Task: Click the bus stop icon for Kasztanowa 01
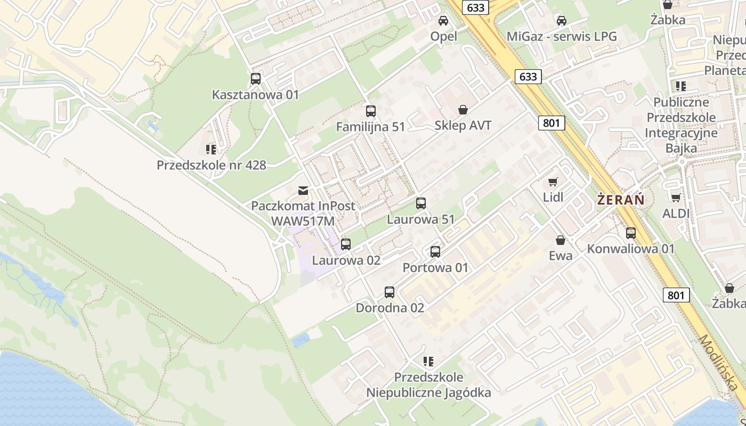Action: (x=256, y=79)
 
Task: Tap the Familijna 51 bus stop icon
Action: (x=371, y=111)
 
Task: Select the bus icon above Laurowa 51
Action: (x=421, y=203)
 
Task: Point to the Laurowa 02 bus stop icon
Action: (x=346, y=244)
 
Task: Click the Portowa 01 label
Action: (x=435, y=267)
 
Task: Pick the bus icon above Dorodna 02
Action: (x=390, y=292)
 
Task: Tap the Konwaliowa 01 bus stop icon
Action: (x=631, y=233)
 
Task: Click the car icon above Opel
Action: (x=443, y=21)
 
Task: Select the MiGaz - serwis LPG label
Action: (x=562, y=37)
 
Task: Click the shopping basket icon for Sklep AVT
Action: (x=463, y=110)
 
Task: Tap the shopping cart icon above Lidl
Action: (x=553, y=182)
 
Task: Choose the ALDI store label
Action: (x=676, y=214)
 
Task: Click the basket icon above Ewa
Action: (x=561, y=240)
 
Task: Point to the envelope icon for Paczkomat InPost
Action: (x=303, y=190)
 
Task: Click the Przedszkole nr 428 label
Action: (x=211, y=165)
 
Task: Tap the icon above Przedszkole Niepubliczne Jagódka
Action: (x=428, y=362)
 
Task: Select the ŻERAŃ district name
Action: (x=621, y=200)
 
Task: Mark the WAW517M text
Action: (x=303, y=220)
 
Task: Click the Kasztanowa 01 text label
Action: (x=256, y=95)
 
